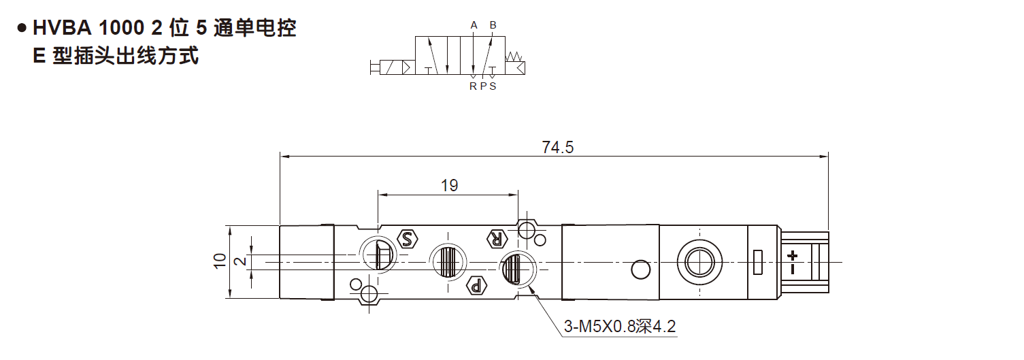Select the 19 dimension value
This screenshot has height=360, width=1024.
pos(449,185)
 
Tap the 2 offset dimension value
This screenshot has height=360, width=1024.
pos(240,261)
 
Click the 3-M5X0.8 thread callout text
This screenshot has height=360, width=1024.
pos(619,327)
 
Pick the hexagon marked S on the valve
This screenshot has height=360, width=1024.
pos(407,238)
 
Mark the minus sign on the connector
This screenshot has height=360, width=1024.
pos(792,269)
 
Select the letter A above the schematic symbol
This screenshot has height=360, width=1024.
pos(474,26)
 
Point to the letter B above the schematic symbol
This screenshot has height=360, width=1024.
pos(493,26)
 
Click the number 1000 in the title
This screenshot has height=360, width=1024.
pos(120,29)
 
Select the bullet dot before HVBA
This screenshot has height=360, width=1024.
pos(22,29)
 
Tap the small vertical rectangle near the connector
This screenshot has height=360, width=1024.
pos(759,263)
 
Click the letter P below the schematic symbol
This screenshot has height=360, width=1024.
pos(483,86)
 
